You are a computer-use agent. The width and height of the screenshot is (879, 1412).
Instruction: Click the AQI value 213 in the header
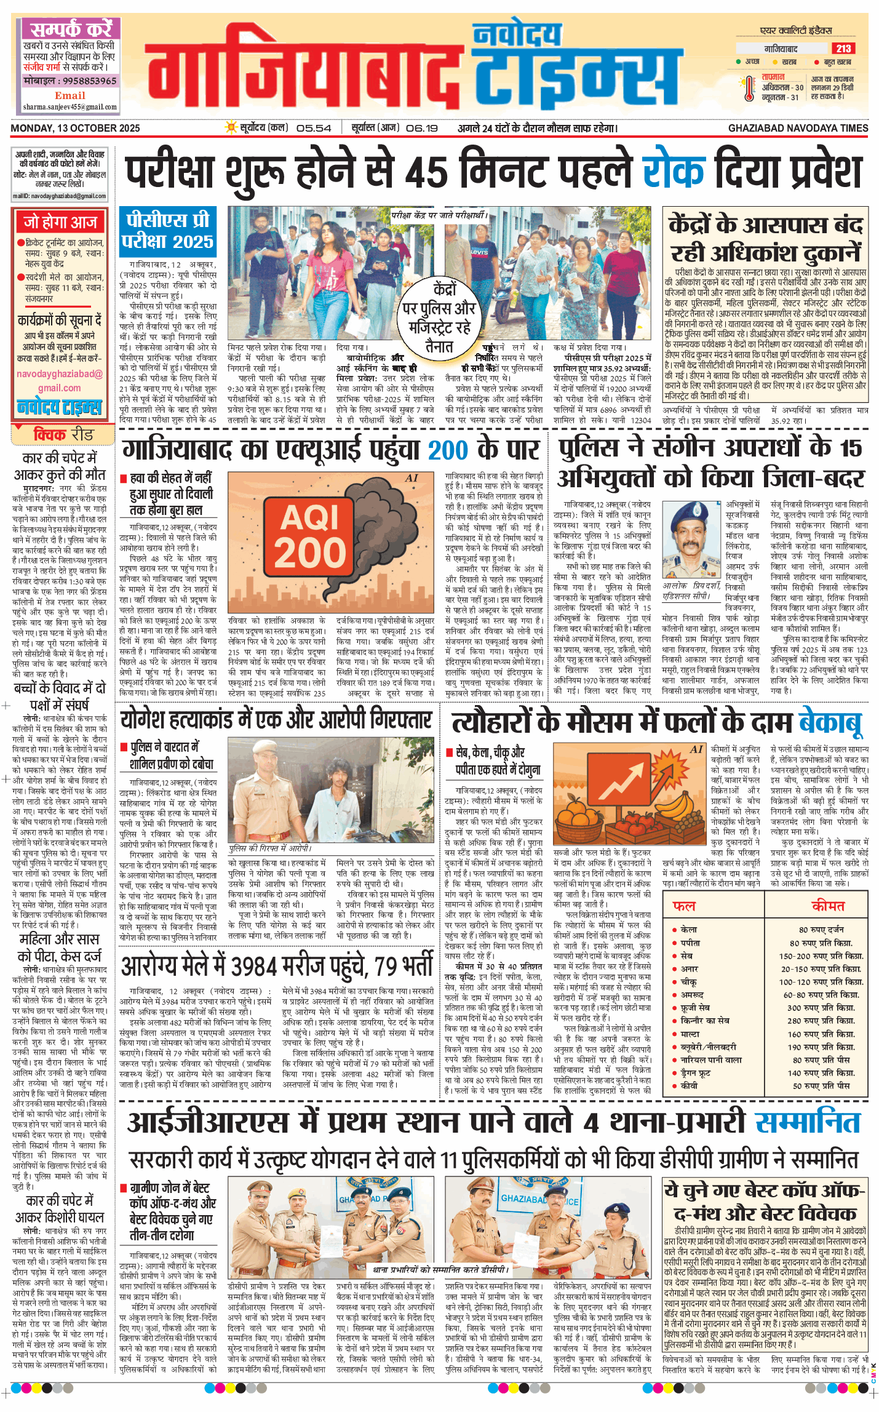pos(843,49)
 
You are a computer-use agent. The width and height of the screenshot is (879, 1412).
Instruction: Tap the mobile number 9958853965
pos(70,81)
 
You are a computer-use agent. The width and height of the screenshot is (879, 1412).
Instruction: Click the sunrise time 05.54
pos(314,128)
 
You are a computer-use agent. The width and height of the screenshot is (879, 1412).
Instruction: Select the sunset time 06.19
pos(422,128)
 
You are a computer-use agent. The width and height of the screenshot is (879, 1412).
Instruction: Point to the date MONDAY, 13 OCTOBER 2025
pos(75,128)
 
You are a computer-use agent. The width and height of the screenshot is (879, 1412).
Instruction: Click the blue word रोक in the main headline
pos(673,172)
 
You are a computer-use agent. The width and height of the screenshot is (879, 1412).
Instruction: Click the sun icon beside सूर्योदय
pos(231,127)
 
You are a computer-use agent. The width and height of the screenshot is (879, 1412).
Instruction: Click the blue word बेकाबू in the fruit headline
pos(830,724)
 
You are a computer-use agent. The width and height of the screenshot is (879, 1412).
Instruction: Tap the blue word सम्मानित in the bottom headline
pos(807,1123)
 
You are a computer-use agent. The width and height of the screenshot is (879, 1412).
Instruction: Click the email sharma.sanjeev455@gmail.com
pos(70,107)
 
